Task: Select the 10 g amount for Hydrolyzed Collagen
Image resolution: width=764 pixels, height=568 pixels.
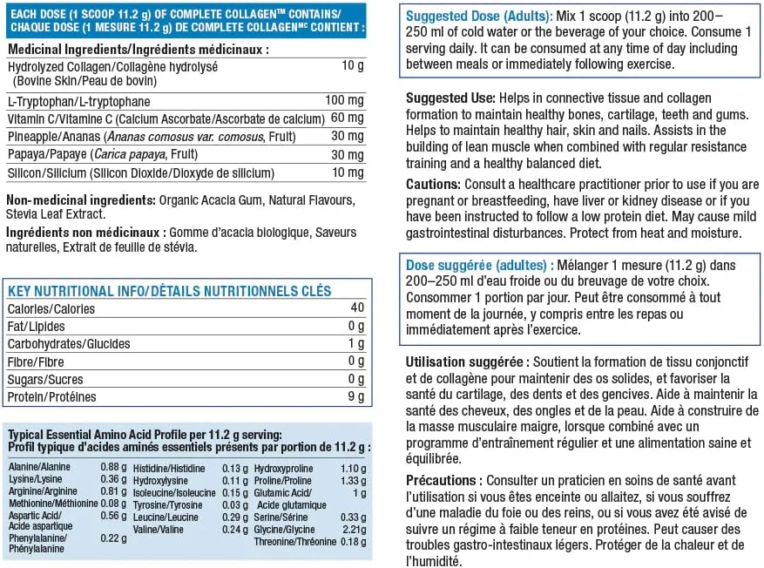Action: (352, 66)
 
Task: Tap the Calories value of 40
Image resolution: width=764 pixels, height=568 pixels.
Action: (357, 308)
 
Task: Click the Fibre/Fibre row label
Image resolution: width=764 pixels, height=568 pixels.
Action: (38, 361)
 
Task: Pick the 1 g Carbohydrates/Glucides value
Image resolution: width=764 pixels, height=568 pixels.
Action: (355, 343)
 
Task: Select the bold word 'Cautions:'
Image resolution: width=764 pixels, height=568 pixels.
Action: (433, 185)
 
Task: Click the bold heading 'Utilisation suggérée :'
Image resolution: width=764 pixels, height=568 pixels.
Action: (466, 362)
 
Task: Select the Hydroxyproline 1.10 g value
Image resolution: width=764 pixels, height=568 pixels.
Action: (351, 468)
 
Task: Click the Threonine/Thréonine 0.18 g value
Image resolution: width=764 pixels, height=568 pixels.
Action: (351, 541)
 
